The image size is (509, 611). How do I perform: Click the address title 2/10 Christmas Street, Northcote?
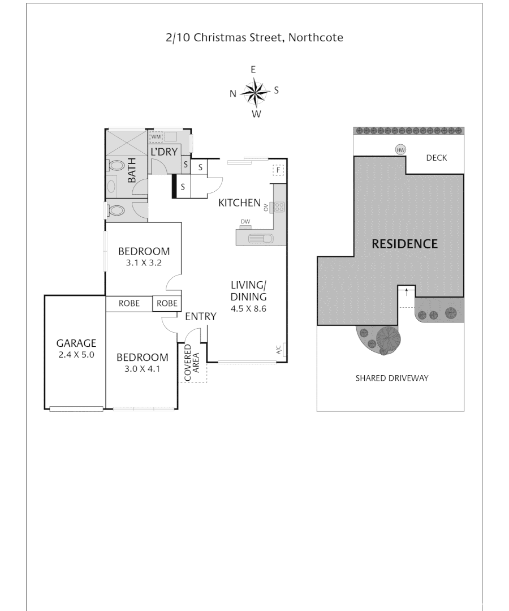pyautogui.click(x=255, y=38)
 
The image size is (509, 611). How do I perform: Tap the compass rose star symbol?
pyautogui.click(x=256, y=91)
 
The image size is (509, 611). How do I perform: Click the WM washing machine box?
pyautogui.click(x=156, y=137)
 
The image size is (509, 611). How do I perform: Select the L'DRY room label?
pyautogui.click(x=164, y=152)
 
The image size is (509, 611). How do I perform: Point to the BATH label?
pyautogui.click(x=132, y=170)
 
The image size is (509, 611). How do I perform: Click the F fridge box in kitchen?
pyautogui.click(x=278, y=170)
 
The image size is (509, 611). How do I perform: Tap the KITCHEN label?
pyautogui.click(x=239, y=203)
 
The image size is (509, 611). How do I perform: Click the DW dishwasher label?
pyautogui.click(x=245, y=221)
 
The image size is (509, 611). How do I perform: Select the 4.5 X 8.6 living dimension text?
pyautogui.click(x=248, y=309)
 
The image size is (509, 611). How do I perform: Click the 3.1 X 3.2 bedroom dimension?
pyautogui.click(x=144, y=263)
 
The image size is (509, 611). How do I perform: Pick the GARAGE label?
pyautogui.click(x=76, y=343)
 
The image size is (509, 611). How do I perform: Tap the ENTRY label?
pyautogui.click(x=201, y=317)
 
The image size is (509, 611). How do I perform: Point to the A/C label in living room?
pyautogui.click(x=278, y=350)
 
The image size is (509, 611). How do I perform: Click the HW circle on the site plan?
pyautogui.click(x=401, y=150)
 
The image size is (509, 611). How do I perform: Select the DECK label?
pyautogui.click(x=436, y=158)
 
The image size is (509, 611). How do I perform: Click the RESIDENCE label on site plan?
pyautogui.click(x=404, y=244)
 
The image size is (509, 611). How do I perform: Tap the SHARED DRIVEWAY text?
pyautogui.click(x=392, y=378)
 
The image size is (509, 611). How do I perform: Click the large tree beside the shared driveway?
pyautogui.click(x=388, y=339)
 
